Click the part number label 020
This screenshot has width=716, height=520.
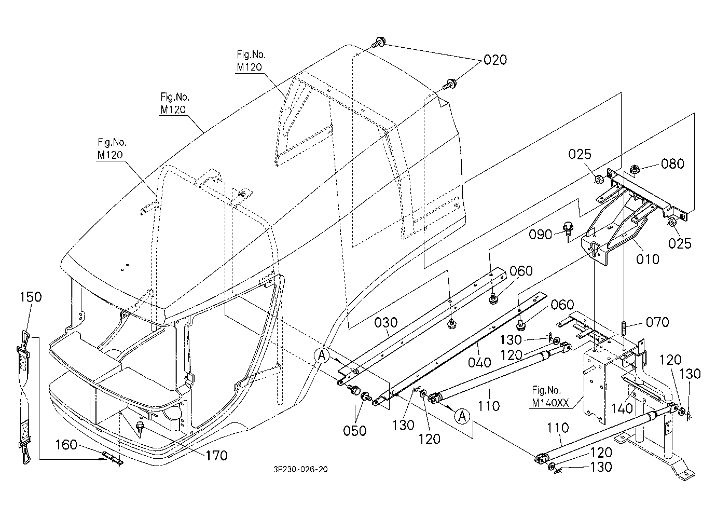[495, 60]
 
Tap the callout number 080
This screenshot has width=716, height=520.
[672, 164]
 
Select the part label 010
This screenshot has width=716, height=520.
[648, 259]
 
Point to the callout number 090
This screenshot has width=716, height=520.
[540, 235]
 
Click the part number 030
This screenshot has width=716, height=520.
[386, 323]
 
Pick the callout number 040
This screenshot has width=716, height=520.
[479, 362]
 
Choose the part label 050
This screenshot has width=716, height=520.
[354, 431]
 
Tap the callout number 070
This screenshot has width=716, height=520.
[657, 322]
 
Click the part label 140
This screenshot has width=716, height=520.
[622, 408]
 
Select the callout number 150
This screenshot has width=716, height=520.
[31, 297]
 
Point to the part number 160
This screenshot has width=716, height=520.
[66, 445]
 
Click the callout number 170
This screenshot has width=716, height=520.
[216, 456]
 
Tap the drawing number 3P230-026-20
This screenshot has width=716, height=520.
[300, 470]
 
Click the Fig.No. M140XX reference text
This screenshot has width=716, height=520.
[550, 396]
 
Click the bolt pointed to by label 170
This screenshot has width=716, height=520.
[140, 429]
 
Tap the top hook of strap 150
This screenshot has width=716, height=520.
[25, 337]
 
